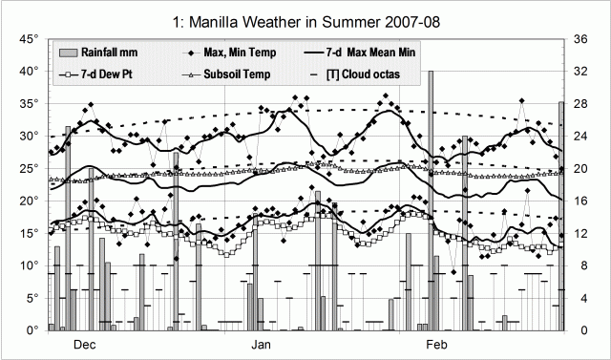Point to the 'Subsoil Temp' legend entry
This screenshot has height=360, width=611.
238,74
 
